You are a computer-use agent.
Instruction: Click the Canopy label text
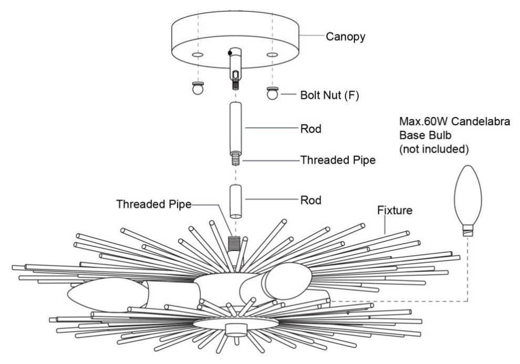(x=345, y=37)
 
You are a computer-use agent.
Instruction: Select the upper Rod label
(x=310, y=128)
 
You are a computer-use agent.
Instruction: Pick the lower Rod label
(x=310, y=200)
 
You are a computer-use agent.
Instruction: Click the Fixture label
(x=394, y=211)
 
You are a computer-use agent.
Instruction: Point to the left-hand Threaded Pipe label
(x=154, y=204)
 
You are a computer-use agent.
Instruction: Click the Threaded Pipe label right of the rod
(x=338, y=160)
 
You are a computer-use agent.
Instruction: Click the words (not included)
(x=433, y=149)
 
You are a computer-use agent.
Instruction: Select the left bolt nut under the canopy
(x=197, y=89)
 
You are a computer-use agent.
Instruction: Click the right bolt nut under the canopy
(x=272, y=93)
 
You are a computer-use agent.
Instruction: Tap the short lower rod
(x=235, y=201)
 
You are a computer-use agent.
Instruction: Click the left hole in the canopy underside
(x=197, y=55)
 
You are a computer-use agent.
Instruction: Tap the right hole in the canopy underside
(x=272, y=55)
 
